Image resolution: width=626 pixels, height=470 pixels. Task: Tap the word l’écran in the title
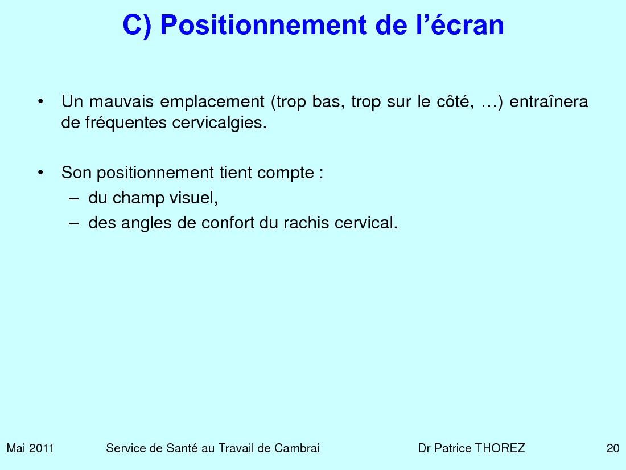point(460,24)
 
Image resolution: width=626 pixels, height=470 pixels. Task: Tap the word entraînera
point(549,101)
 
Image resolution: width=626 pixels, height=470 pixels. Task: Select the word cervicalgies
point(219,123)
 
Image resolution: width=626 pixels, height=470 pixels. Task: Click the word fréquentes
point(126,123)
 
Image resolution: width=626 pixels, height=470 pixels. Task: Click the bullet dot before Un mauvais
point(40,101)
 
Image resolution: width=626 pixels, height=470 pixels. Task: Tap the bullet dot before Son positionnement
point(40,173)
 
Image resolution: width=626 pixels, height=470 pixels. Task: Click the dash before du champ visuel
point(73,198)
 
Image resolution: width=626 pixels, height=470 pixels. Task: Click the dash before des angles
point(73,223)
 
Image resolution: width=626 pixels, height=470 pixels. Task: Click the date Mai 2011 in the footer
point(30,448)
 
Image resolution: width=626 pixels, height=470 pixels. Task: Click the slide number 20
point(613,448)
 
